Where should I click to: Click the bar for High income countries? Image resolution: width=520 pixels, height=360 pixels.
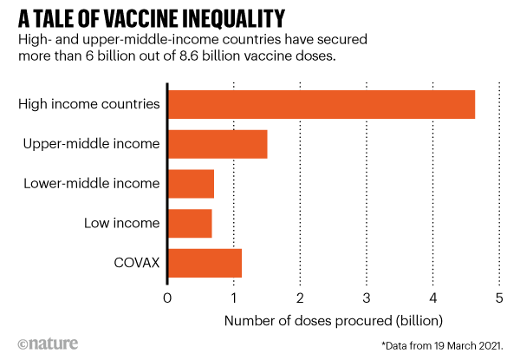[x=322, y=104]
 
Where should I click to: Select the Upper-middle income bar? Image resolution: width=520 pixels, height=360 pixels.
[x=218, y=144]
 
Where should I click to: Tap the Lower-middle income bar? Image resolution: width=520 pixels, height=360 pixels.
[x=191, y=184]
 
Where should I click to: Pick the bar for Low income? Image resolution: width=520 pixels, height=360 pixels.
[x=190, y=223]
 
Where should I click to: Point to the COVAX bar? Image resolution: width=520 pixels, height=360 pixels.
[x=205, y=263]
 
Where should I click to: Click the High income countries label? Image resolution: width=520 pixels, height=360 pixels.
[x=89, y=104]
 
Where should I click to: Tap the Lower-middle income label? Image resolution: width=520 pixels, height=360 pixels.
[x=92, y=184]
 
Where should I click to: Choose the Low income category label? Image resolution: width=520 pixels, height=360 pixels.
[x=121, y=223]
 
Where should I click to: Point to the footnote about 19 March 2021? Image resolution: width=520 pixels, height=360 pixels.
[x=442, y=345]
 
